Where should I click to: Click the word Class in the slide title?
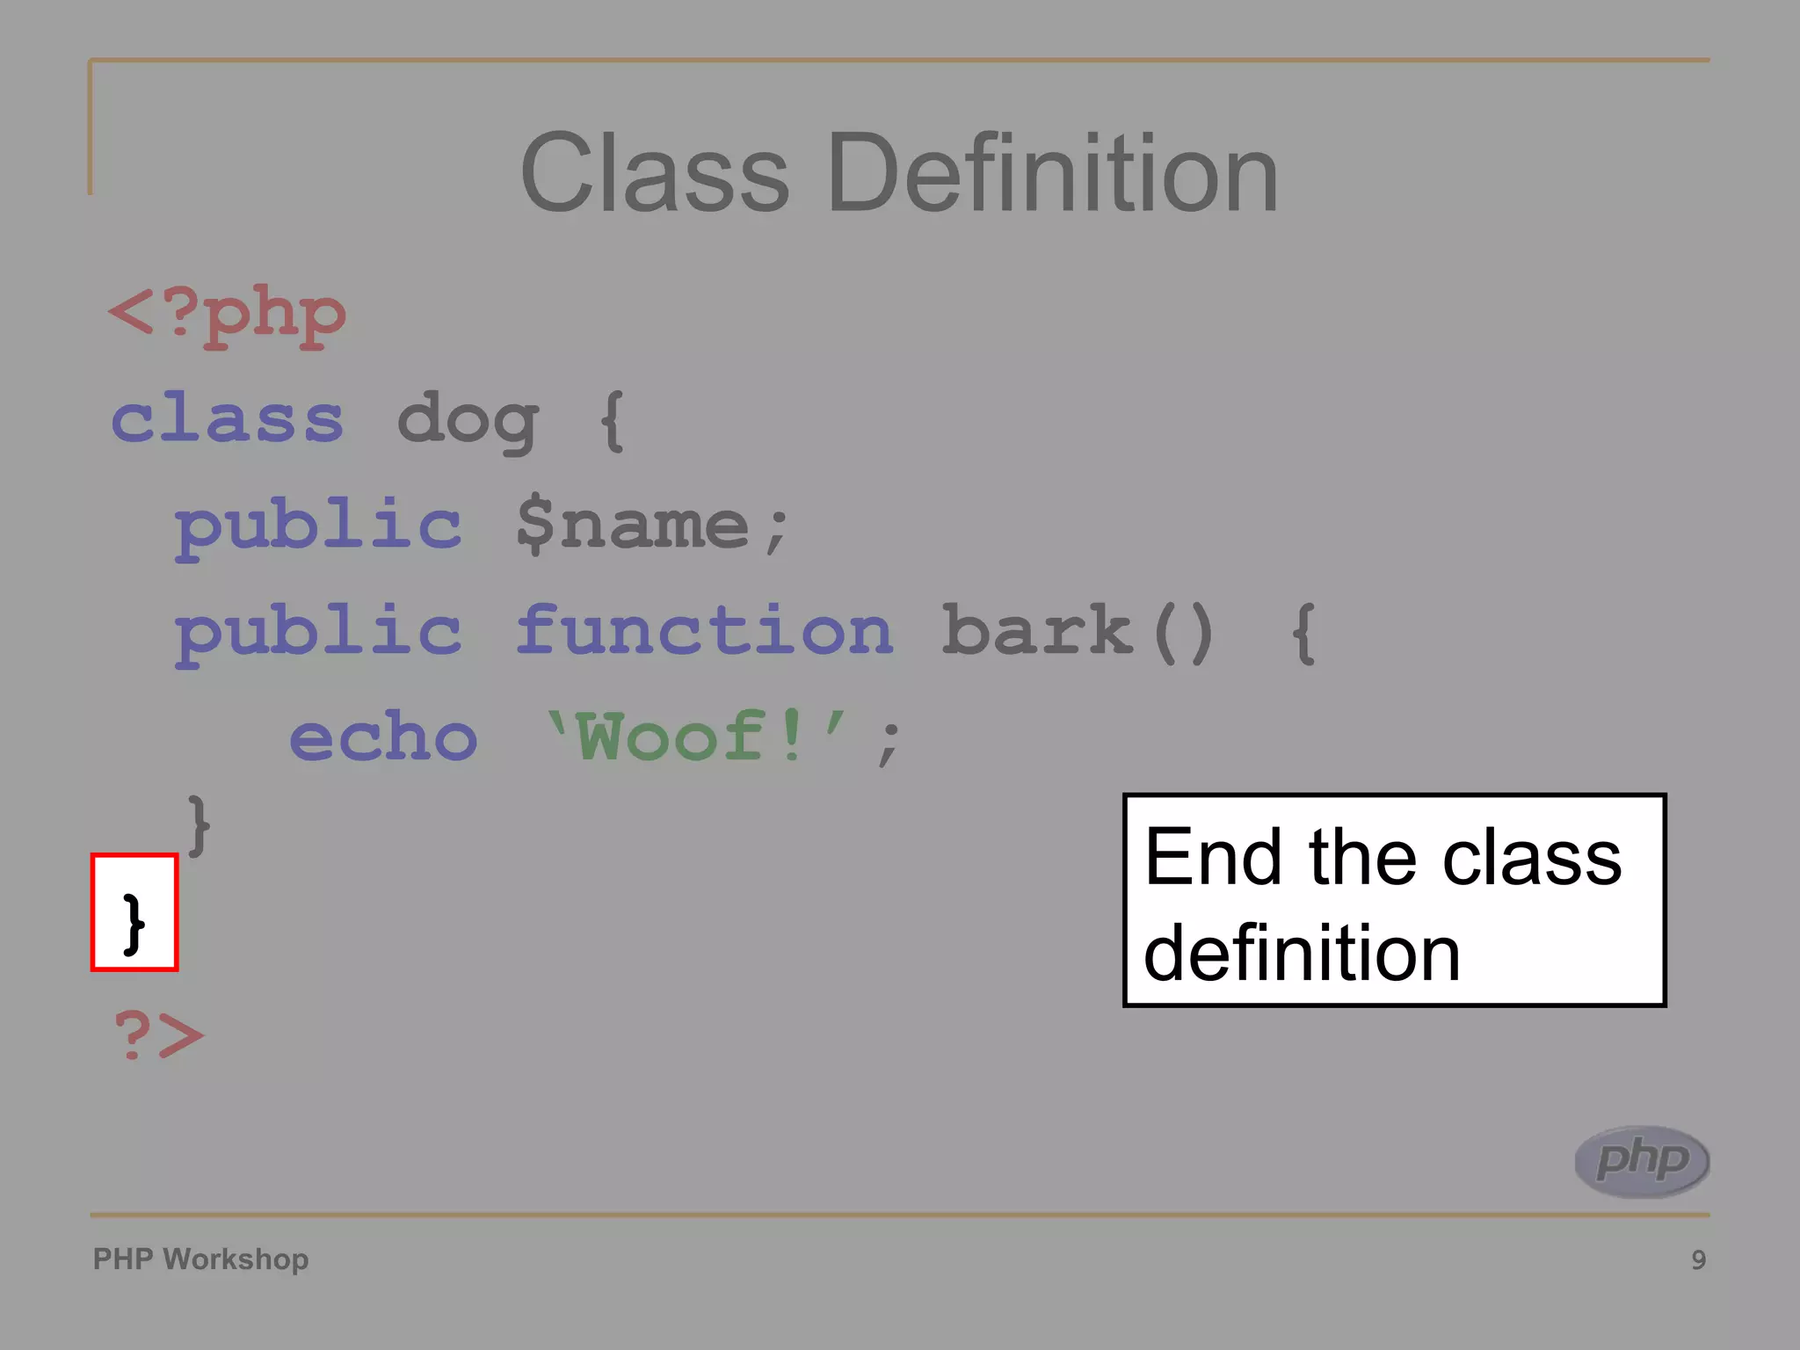655,173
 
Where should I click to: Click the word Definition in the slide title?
1052,173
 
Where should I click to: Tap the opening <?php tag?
227,316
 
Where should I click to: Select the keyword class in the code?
227,420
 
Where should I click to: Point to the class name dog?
468,422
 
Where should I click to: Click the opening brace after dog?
612,422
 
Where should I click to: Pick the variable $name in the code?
633,526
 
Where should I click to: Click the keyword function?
704,630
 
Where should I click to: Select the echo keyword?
383,737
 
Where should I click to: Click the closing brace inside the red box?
134,922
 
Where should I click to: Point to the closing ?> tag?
158,1034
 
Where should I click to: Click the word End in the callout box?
1212,857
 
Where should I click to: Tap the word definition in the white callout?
1302,954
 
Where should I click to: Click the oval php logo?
1642,1161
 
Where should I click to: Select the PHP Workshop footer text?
200,1259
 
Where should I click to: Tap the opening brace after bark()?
1303,632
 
